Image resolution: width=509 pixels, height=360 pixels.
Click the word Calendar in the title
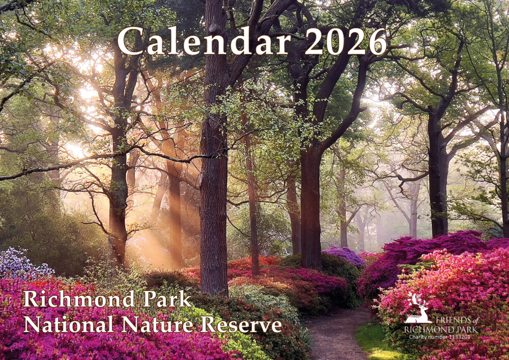click(x=204, y=41)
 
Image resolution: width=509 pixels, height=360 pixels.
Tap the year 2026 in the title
click(x=346, y=41)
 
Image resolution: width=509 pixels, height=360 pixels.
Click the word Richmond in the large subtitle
click(x=79, y=299)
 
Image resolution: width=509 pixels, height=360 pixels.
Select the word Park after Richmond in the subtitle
click(x=167, y=299)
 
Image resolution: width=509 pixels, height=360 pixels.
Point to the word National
click(x=69, y=324)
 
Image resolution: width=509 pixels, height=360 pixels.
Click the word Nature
click(x=157, y=324)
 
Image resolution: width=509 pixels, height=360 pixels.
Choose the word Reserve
click(x=241, y=324)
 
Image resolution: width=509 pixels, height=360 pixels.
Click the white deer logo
click(x=418, y=309)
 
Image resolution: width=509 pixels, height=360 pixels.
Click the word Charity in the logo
click(x=417, y=337)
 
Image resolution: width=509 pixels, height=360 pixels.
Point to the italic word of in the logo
click(x=474, y=321)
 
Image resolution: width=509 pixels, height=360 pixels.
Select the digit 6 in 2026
click(x=377, y=42)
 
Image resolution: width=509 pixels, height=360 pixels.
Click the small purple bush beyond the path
click(x=345, y=255)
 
